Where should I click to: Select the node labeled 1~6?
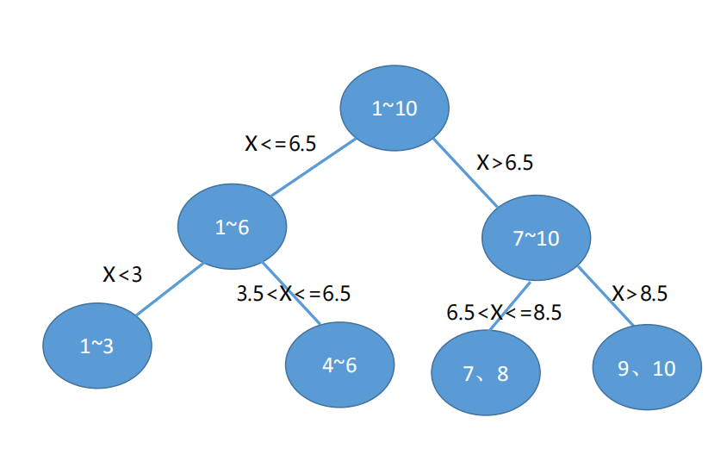pyautogui.click(x=232, y=227)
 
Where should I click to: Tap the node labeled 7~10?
pyautogui.click(x=536, y=239)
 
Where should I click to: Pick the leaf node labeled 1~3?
pyautogui.click(x=97, y=346)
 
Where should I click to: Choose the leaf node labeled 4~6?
pyautogui.click(x=339, y=364)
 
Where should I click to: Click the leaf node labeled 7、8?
pyautogui.click(x=486, y=374)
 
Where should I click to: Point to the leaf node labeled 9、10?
pyautogui.click(x=647, y=368)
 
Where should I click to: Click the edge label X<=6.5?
pyautogui.click(x=281, y=144)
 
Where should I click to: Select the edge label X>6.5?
pyautogui.click(x=505, y=163)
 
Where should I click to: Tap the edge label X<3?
pyautogui.click(x=122, y=275)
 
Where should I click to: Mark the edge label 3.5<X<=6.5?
pyautogui.click(x=294, y=294)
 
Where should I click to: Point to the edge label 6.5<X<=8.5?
pyautogui.click(x=504, y=313)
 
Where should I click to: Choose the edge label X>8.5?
pyautogui.click(x=640, y=294)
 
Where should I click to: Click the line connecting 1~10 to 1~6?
pyautogui.click(x=312, y=167)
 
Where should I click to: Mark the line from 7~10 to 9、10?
pyautogui.click(x=606, y=296)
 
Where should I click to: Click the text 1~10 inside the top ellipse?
pyautogui.click(x=395, y=109)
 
